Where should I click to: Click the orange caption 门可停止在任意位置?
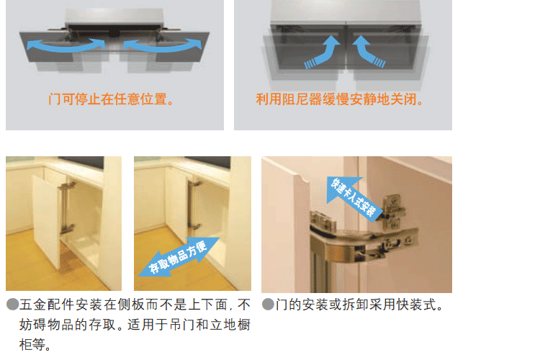111,99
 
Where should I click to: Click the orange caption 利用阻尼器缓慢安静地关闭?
340,99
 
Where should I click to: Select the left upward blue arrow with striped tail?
323,52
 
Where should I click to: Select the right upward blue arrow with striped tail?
369,52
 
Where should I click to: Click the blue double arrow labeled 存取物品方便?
179,257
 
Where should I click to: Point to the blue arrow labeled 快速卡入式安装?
352,197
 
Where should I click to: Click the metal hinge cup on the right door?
392,212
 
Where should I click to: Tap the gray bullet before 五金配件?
13,304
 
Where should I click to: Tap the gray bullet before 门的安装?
268,304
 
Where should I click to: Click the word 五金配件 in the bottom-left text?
47,305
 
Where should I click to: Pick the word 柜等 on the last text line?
32,344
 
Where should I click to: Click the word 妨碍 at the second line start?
33,325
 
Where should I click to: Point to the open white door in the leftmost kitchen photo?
48,220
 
